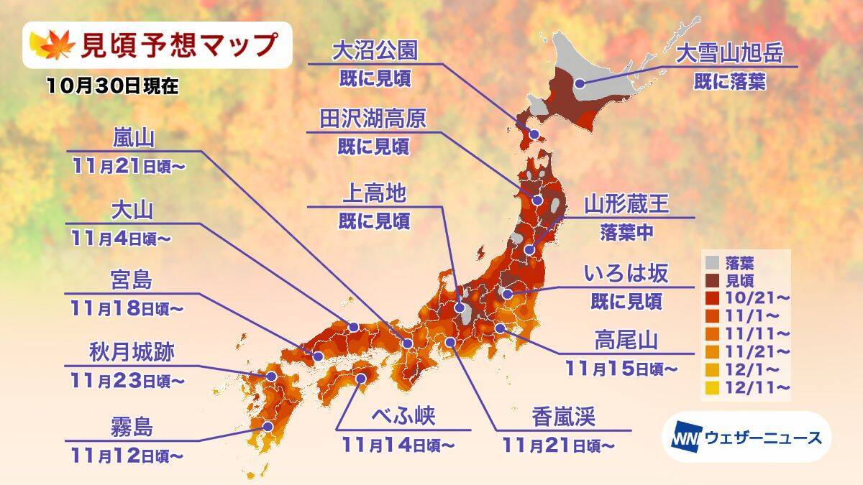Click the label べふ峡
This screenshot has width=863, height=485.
(405, 416)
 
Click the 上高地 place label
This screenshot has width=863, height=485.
(373, 194)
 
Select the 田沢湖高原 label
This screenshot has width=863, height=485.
(373, 119)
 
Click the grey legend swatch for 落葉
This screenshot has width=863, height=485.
(711, 262)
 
